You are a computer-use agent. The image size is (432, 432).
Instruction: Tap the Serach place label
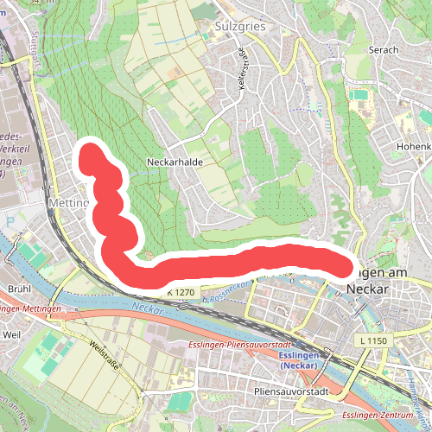pyautogui.click(x=383, y=50)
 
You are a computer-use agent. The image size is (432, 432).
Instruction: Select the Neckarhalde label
pyautogui.click(x=175, y=162)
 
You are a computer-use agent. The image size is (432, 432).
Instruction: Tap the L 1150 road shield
pyautogui.click(x=373, y=342)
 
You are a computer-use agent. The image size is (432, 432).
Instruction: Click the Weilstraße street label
pyautogui.click(x=103, y=355)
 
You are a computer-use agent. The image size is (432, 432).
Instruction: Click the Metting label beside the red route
pyautogui.click(x=69, y=204)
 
